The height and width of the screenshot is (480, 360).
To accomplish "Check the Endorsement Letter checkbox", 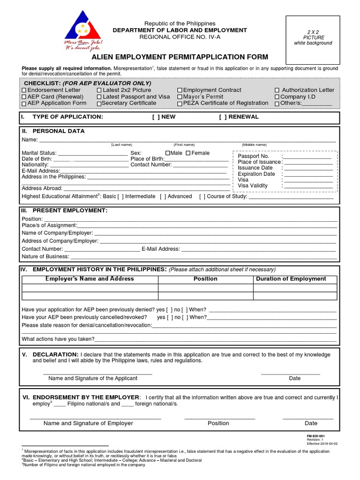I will pos(24,90).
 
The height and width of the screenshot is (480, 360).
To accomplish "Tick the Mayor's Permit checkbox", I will pos(180,97).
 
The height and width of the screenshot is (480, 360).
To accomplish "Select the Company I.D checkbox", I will pos(277,97).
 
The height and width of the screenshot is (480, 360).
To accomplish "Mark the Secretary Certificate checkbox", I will pos(99,103).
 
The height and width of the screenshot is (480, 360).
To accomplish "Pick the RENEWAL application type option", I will pos(223,117).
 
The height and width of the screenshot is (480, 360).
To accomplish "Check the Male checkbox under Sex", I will pos(168,153).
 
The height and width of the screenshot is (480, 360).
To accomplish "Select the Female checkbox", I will pos(188,153).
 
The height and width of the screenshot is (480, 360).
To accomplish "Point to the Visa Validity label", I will pos(253,186).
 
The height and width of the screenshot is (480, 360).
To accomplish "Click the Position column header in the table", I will pos(205,279).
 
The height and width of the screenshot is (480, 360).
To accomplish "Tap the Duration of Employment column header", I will pos(291,279).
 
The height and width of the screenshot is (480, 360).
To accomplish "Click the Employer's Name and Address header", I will pos(90,279).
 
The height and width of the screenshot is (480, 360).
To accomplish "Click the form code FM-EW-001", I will pos(315,435).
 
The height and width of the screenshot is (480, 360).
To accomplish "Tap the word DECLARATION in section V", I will pos(55,354).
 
